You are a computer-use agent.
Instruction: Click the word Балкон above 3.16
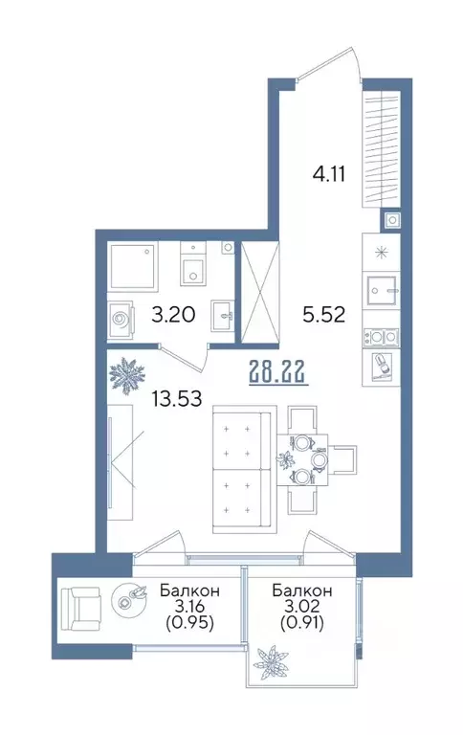coord(189,590)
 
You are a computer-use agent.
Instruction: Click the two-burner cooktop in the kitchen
coord(382,336)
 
